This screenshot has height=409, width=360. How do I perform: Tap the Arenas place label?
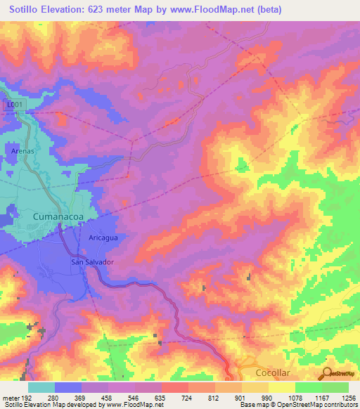tap(23, 150)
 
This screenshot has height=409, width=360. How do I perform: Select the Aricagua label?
tap(104, 238)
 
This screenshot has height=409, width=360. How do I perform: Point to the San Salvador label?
tap(93, 262)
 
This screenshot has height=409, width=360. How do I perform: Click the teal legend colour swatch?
tap(41, 387)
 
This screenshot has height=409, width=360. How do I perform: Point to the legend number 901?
tap(239, 398)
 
